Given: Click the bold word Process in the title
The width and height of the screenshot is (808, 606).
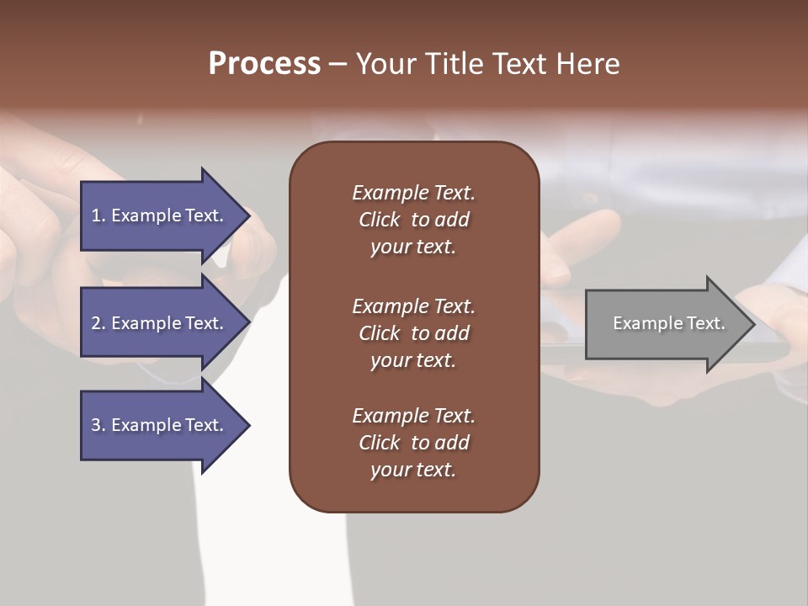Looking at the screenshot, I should [x=264, y=63].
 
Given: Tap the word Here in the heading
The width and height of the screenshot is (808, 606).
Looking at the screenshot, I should [x=587, y=63].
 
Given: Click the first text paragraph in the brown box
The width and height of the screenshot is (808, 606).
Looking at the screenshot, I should [x=413, y=220].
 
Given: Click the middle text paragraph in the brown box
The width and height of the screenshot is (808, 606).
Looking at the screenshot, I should [x=413, y=332].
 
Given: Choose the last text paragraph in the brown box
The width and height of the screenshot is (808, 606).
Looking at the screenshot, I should [x=413, y=443].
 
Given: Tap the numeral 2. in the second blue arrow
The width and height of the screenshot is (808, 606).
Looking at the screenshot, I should [x=98, y=323].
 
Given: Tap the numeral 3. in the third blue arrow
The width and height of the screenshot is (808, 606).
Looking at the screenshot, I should [x=98, y=425].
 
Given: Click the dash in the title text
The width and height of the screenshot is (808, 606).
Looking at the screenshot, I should [x=338, y=64].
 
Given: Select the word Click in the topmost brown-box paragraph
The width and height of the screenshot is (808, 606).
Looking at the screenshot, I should [x=379, y=220].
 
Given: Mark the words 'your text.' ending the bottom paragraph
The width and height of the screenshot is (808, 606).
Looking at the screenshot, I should [x=413, y=470].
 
